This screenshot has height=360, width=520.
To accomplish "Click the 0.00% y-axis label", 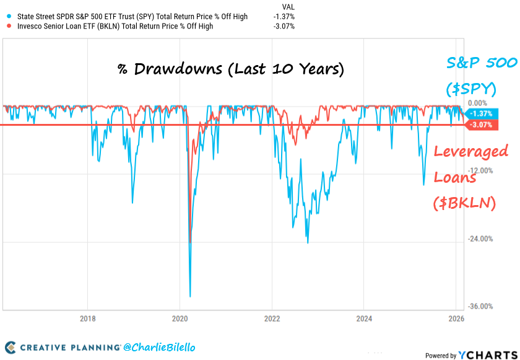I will point(478,103).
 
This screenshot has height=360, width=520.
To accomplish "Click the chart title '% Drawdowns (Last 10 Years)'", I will point(230,68).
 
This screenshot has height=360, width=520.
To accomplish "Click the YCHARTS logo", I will point(486,355).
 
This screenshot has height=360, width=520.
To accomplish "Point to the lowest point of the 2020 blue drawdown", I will point(190,297).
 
